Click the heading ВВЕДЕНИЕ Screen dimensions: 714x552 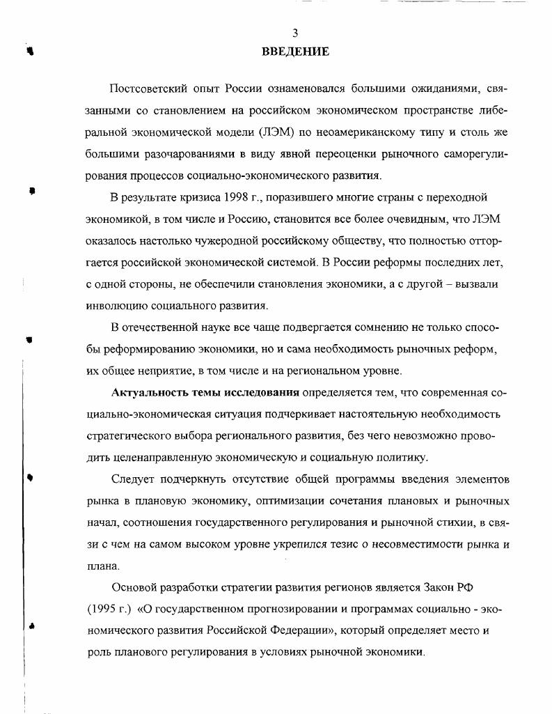click(295, 52)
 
